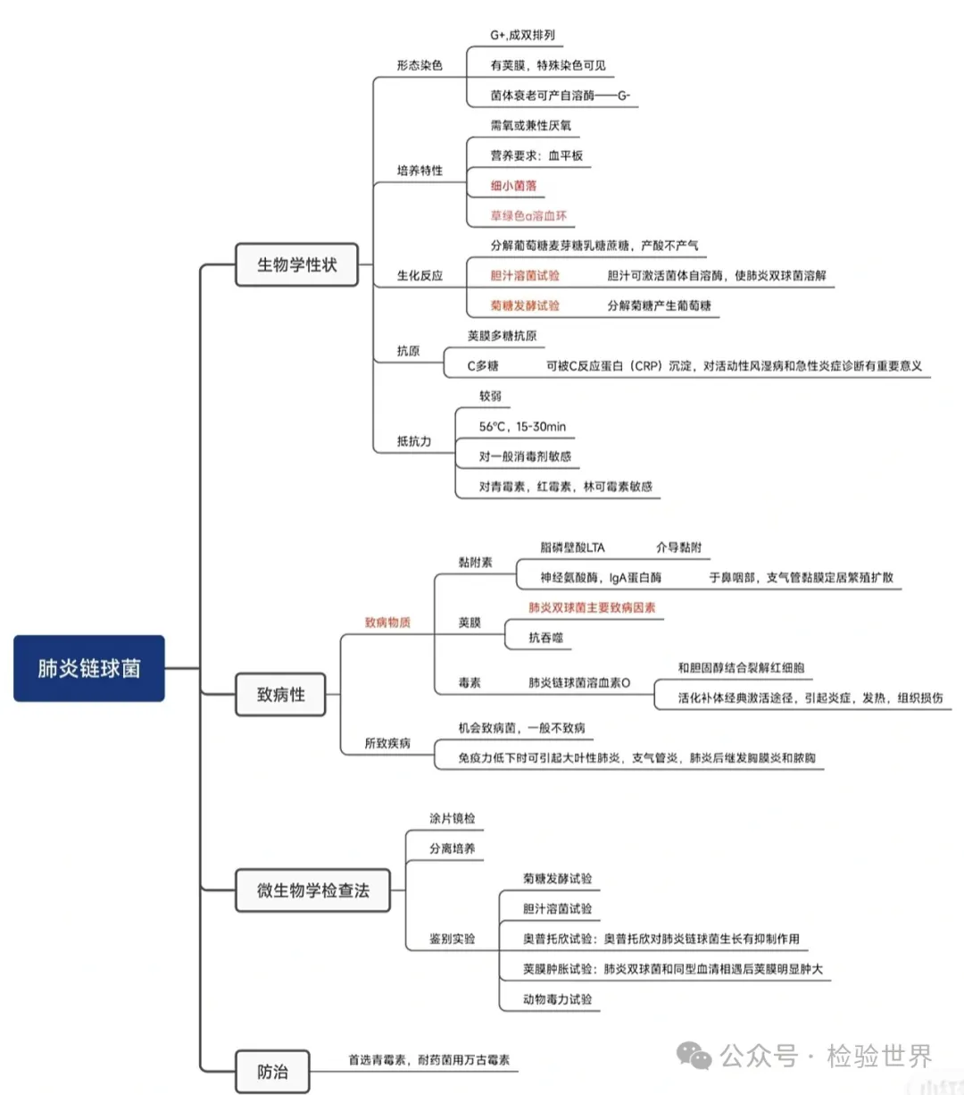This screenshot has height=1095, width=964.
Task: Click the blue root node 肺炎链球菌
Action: pyautogui.click(x=89, y=668)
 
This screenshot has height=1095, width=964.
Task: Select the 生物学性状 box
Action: pyautogui.click(x=296, y=264)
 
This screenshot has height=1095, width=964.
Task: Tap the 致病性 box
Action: pyautogui.click(x=280, y=694)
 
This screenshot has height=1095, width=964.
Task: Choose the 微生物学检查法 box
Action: pyautogui.click(x=312, y=890)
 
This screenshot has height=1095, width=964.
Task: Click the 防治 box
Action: pyautogui.click(x=272, y=1071)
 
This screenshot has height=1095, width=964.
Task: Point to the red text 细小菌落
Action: pyautogui.click(x=513, y=186)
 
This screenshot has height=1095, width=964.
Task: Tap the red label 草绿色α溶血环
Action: pyautogui.click(x=528, y=215)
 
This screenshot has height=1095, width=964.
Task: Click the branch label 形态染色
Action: pyautogui.click(x=420, y=65)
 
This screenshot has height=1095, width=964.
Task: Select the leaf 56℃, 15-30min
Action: pyautogui.click(x=522, y=426)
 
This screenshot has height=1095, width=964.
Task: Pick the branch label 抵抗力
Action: pyautogui.click(x=414, y=441)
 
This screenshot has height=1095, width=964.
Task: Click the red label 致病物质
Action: pyautogui.click(x=387, y=623)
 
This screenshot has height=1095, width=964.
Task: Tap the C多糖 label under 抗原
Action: pyautogui.click(x=483, y=366)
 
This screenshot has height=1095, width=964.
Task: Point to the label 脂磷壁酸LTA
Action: pyautogui.click(x=572, y=547)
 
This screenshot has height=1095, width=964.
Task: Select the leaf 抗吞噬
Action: pyautogui.click(x=545, y=638)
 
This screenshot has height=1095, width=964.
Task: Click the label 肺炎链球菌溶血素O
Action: pyautogui.click(x=579, y=682)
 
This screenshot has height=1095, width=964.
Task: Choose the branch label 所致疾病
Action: pyautogui.click(x=387, y=743)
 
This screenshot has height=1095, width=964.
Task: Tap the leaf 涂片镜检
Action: pyautogui.click(x=453, y=818)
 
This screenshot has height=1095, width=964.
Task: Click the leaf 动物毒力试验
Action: pyautogui.click(x=557, y=999)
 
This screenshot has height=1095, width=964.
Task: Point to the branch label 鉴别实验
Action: pyautogui.click(x=453, y=939)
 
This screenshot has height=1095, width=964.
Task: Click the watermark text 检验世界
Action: pyautogui.click(x=878, y=1056)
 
